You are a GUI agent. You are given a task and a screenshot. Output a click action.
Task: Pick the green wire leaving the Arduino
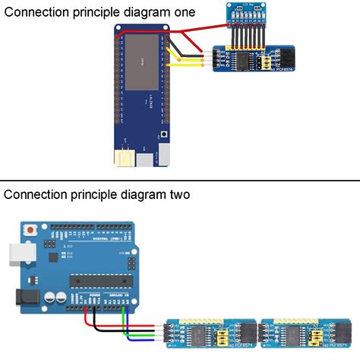coord(126,319)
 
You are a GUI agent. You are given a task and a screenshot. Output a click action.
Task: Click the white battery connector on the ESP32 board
coord(123,158)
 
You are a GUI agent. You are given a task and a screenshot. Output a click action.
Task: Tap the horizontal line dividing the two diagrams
coord(180,181)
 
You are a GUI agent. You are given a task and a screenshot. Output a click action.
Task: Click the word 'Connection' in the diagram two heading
coord(35,194)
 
